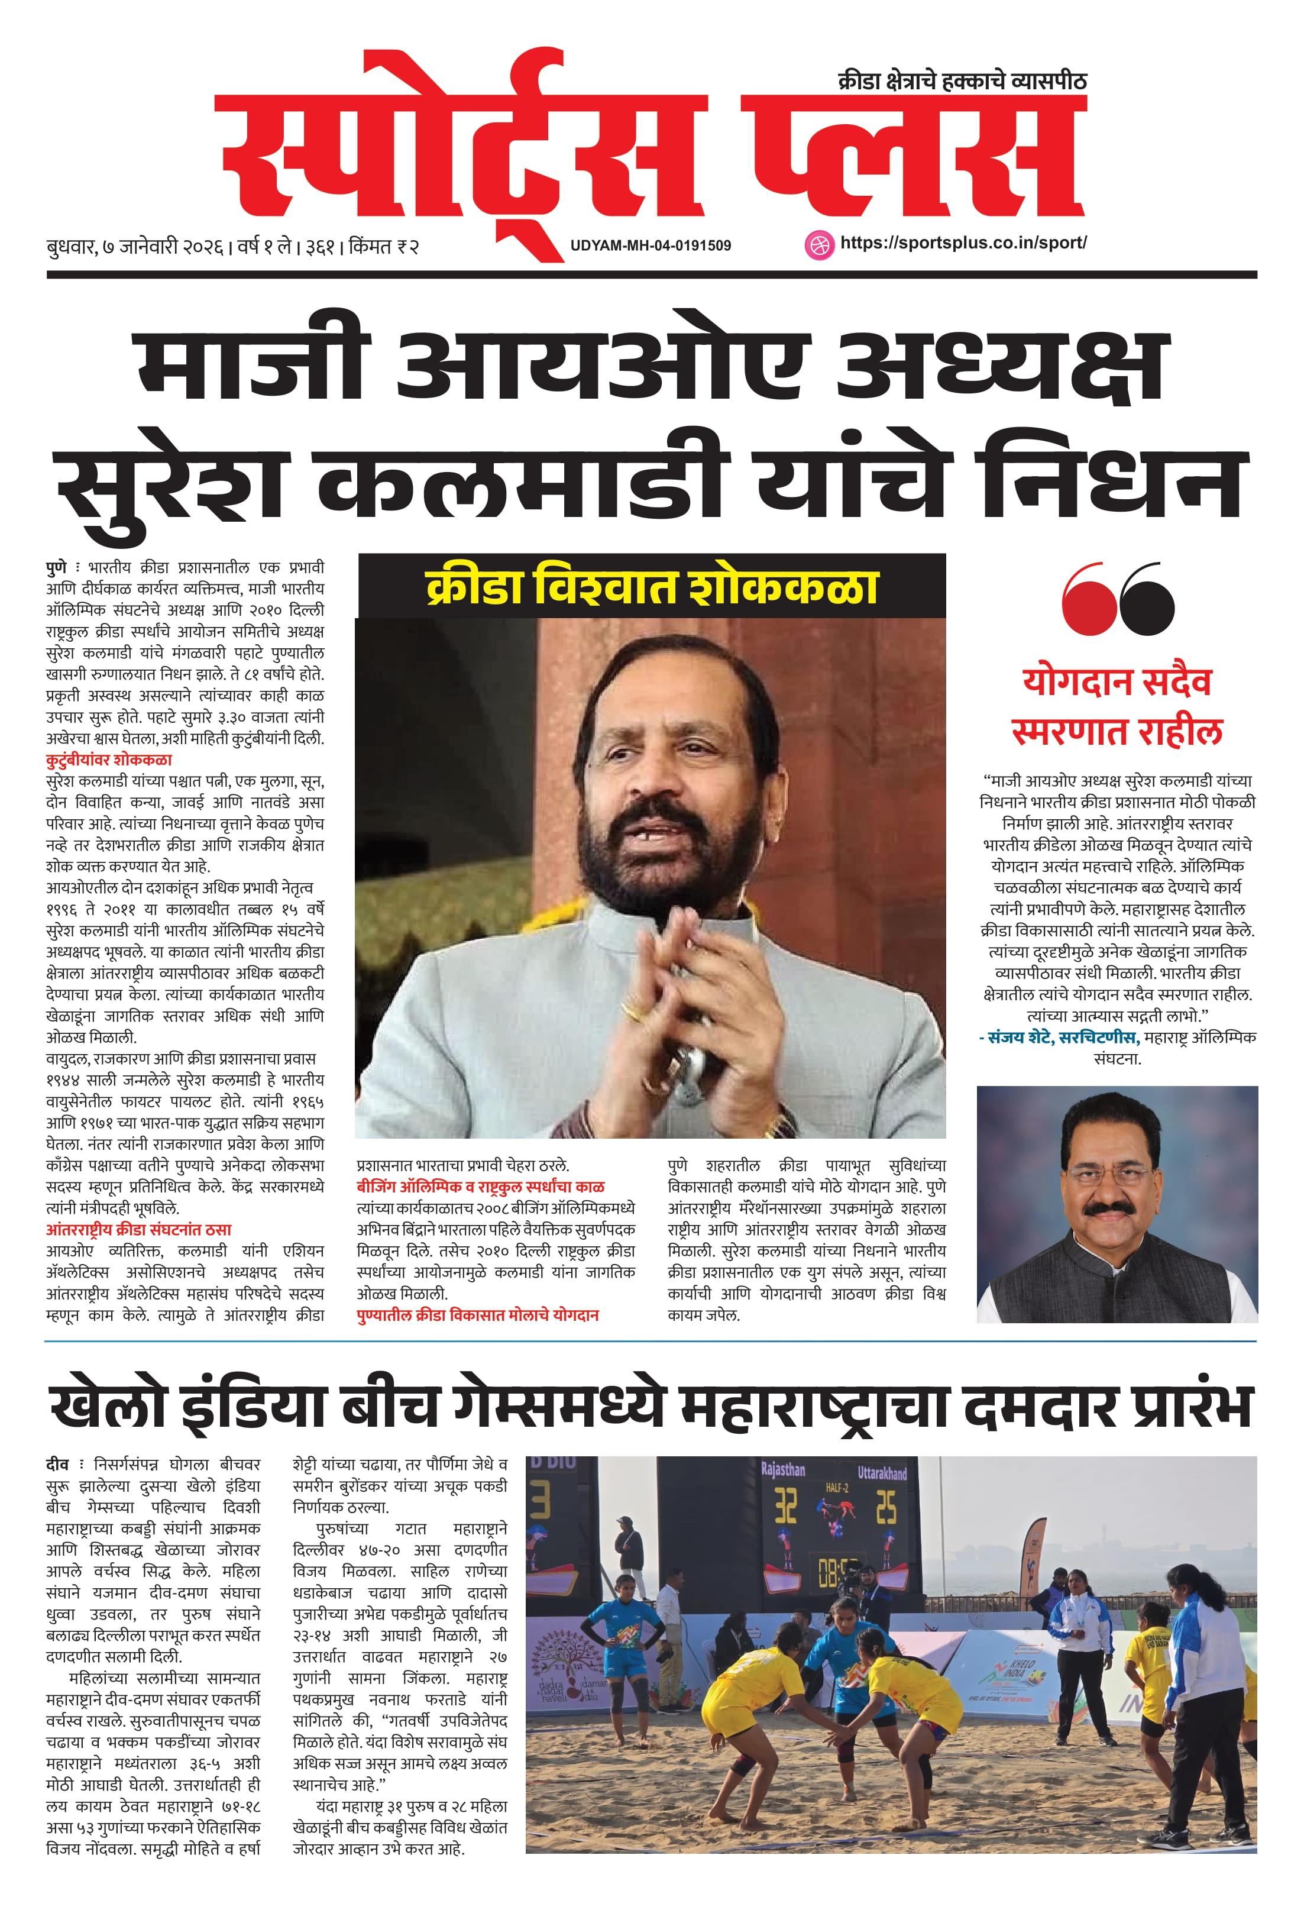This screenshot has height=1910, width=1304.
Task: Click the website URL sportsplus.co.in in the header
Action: point(963,243)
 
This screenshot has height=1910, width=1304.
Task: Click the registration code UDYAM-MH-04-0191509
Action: point(650,245)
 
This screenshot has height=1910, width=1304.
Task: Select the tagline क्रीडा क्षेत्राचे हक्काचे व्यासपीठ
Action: point(962,82)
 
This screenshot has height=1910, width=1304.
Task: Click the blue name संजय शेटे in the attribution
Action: point(1019,1038)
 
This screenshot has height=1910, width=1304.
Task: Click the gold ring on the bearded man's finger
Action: point(631,1010)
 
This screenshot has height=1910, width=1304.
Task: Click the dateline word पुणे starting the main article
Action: point(56,568)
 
